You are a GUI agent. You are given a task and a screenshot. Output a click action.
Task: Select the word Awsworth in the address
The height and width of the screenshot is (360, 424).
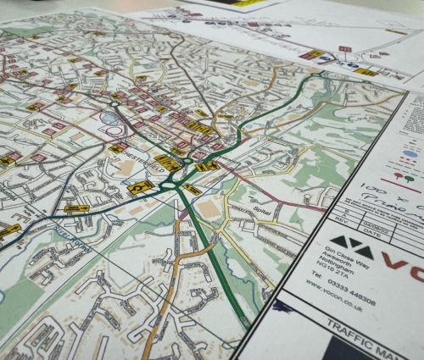pos(325,274)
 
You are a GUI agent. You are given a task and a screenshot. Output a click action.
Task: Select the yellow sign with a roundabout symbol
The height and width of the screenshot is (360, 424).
pos(141,186)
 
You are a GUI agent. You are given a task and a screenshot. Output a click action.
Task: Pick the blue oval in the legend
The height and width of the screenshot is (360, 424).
pos(409,155)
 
